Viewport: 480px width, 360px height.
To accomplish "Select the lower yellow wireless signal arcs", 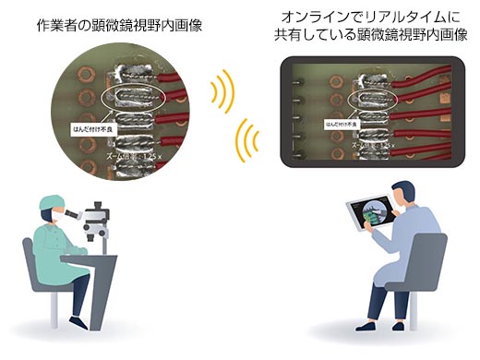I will pyautogui.click(x=246, y=138).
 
